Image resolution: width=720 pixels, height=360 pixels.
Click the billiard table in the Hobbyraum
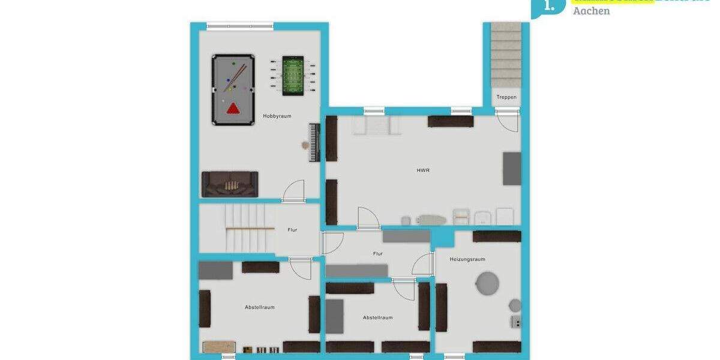point(233,90)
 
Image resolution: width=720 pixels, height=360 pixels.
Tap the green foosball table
point(293,76)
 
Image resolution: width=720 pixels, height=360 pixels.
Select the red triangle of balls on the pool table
point(233,109)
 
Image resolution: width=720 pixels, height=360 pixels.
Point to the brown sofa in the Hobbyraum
point(230,184)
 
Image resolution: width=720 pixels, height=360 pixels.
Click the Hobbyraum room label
point(277,116)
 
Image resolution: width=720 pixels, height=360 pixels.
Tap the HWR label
point(423,170)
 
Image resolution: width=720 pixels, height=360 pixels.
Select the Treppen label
point(506,97)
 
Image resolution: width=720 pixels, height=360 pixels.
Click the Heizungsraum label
point(467,259)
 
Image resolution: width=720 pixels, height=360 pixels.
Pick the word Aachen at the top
point(591,11)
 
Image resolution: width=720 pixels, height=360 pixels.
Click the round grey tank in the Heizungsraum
point(487,283)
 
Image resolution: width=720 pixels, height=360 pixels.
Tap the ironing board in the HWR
point(432,220)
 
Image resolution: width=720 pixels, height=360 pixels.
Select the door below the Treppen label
point(509,120)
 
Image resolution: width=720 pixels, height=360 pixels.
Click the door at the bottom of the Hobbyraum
point(294,192)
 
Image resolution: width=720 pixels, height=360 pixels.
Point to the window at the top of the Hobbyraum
point(240,26)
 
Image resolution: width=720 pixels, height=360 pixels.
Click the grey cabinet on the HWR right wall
point(512,169)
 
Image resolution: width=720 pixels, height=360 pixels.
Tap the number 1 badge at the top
point(548,6)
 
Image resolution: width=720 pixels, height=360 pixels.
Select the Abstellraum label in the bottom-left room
point(259,307)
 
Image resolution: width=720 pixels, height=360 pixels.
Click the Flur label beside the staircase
point(292,230)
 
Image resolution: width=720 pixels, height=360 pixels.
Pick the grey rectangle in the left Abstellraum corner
point(215,270)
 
